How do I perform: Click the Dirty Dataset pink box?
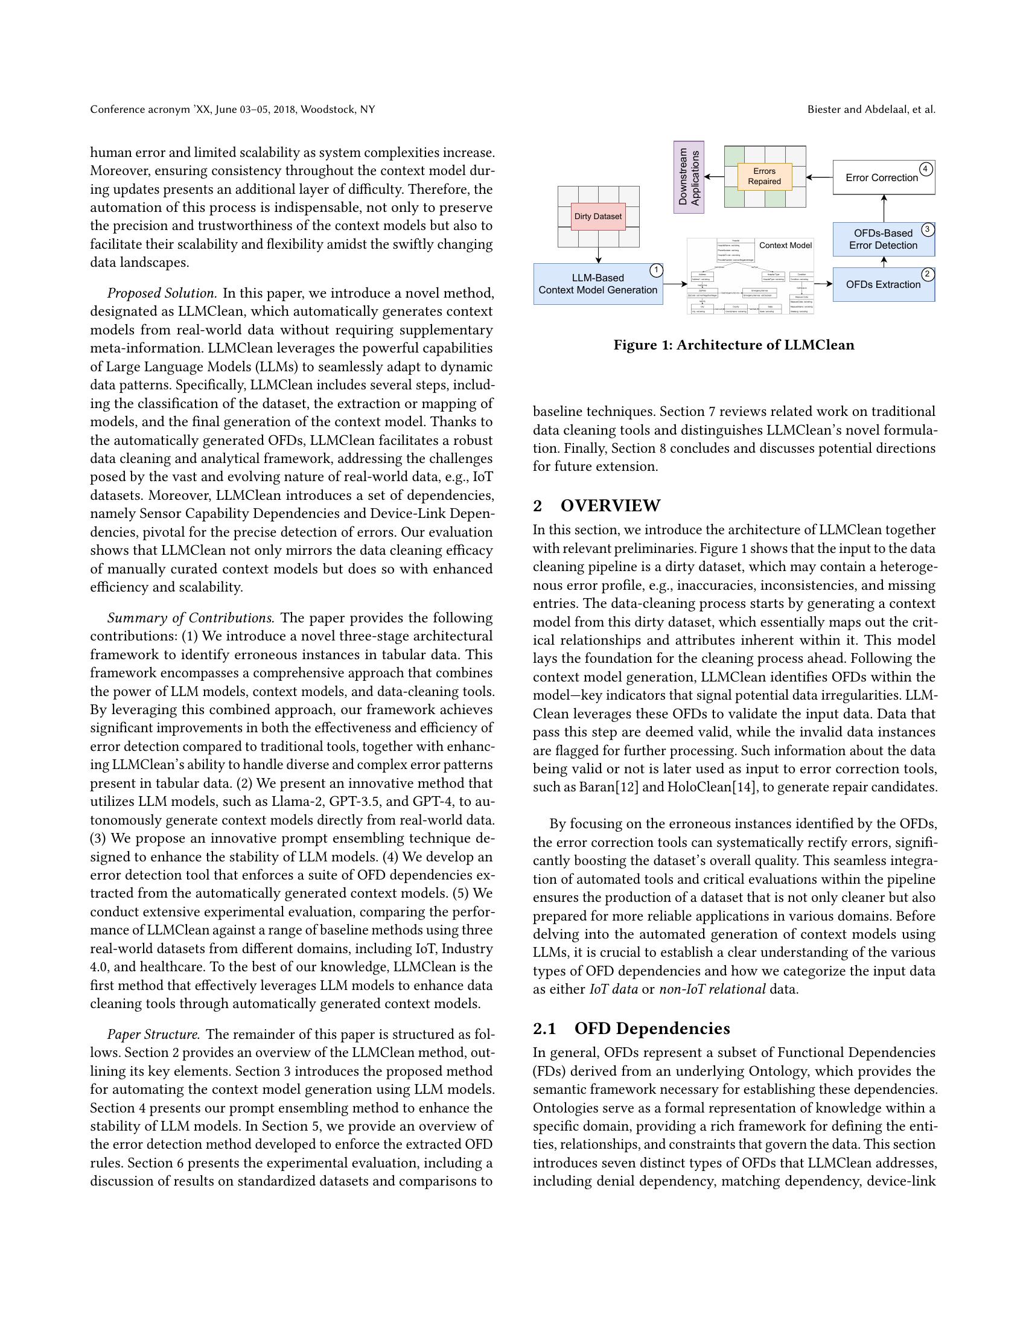click(x=598, y=217)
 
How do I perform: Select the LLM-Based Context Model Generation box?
click(x=597, y=284)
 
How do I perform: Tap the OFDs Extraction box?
click(x=882, y=284)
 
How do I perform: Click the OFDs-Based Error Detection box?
click(x=882, y=240)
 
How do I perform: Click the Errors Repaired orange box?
click(x=764, y=176)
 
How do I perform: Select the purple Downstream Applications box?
click(x=689, y=177)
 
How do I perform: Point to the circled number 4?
click(x=926, y=169)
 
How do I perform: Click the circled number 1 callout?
click(x=656, y=270)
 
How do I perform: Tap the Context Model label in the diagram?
click(x=785, y=245)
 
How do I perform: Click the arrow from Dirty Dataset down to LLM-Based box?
click(x=598, y=255)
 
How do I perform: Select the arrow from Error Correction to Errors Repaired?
click(x=820, y=177)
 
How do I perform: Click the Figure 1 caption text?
click(x=733, y=345)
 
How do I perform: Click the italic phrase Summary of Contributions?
click(x=191, y=618)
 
